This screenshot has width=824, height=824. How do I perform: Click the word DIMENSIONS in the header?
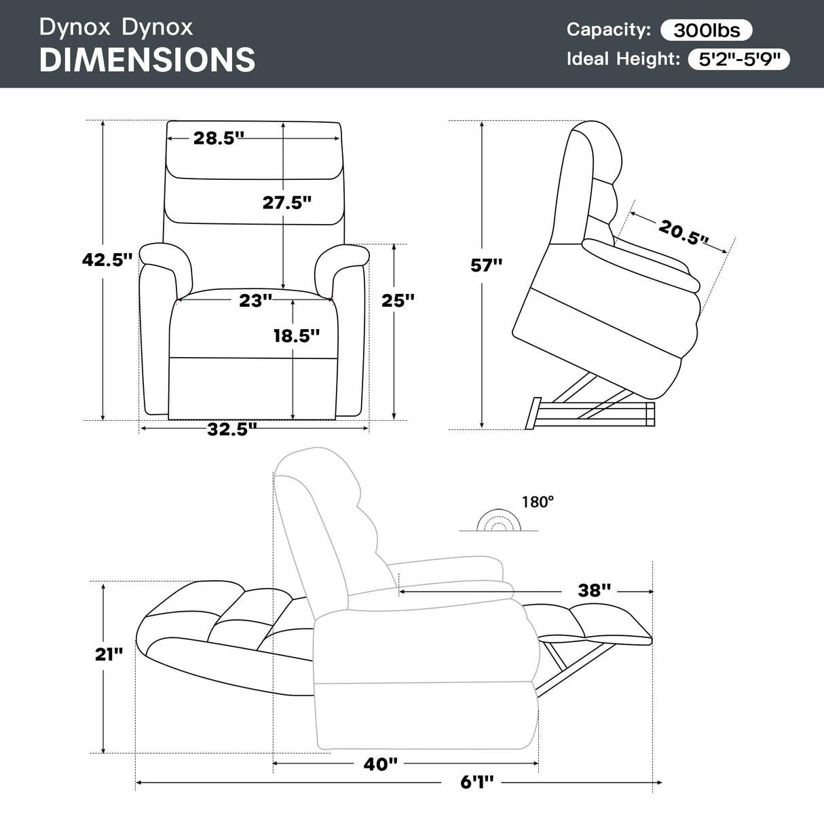tap(147, 60)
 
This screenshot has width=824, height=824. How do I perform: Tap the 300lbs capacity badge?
tap(707, 30)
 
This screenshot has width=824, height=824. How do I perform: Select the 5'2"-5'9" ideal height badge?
tap(738, 59)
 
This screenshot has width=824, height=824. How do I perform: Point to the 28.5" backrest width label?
tap(219, 138)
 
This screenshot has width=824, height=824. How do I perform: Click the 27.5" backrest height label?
tap(287, 202)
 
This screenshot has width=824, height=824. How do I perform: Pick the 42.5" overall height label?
tap(107, 259)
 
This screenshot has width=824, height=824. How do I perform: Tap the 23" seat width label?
tap(255, 300)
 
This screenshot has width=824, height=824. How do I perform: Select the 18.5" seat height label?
tap(297, 335)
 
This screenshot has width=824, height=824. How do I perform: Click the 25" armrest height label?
tap(398, 300)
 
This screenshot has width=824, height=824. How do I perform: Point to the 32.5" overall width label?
tap(232, 429)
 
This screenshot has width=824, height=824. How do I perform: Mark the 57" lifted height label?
tap(486, 265)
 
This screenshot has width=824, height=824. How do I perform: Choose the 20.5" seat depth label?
tap(683, 233)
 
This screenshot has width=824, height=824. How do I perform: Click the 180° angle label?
tap(538, 502)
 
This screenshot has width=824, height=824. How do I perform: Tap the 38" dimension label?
tap(595, 591)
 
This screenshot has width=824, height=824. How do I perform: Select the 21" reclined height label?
tap(109, 654)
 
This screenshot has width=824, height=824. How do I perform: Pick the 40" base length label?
tap(380, 764)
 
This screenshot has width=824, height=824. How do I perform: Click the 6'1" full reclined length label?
tap(477, 783)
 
